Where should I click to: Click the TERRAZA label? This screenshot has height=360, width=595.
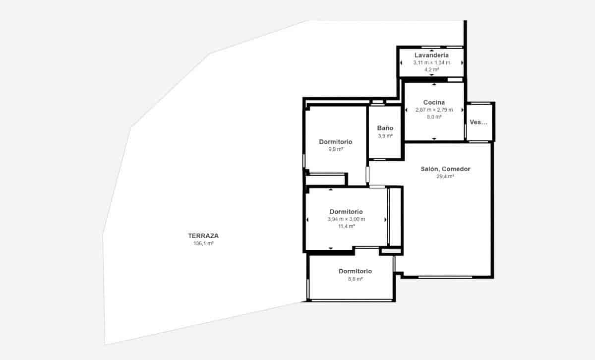pyautogui.click(x=203, y=236)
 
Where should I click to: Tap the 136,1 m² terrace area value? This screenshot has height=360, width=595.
pyautogui.click(x=203, y=243)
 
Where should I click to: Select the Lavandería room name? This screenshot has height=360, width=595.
pyautogui.click(x=431, y=55)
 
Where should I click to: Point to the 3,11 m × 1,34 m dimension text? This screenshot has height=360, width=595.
pyautogui.click(x=431, y=62)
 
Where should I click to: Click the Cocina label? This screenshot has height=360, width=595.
pyautogui.click(x=434, y=102)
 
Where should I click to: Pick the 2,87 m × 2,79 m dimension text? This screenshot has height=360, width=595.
pyautogui.click(x=434, y=110)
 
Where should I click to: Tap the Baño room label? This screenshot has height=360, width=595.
pyautogui.click(x=385, y=128)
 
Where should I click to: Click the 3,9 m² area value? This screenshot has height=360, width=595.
pyautogui.click(x=385, y=135)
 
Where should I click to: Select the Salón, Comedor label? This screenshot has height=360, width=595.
pyautogui.click(x=445, y=169)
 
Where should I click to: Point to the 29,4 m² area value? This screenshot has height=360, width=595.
pyautogui.click(x=445, y=176)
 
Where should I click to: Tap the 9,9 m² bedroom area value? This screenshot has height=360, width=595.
pyautogui.click(x=335, y=149)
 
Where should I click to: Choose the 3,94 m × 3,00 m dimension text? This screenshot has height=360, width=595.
pyautogui.click(x=346, y=219)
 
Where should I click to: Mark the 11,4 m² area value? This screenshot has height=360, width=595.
pyautogui.click(x=346, y=226)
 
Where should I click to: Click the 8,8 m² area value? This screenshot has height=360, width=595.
pyautogui.click(x=355, y=279)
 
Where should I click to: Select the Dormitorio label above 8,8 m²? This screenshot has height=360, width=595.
pyautogui.click(x=355, y=271)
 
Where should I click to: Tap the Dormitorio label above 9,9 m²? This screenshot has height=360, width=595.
pyautogui.click(x=335, y=142)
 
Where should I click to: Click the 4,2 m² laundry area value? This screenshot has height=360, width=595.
pyautogui.click(x=431, y=69)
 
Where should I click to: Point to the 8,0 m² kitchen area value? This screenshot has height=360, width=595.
pyautogui.click(x=434, y=117)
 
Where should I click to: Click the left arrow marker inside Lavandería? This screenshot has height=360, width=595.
pyautogui.click(x=401, y=62)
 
